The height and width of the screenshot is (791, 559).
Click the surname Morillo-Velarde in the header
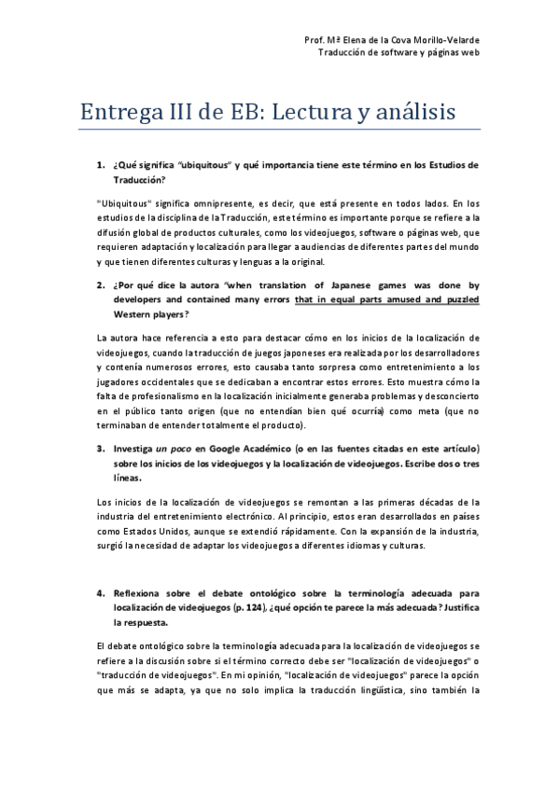point(441,41)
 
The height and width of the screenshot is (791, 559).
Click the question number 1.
point(100,165)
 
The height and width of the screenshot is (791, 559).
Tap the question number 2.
point(100,286)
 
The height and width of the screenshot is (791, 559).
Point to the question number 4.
point(100,592)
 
